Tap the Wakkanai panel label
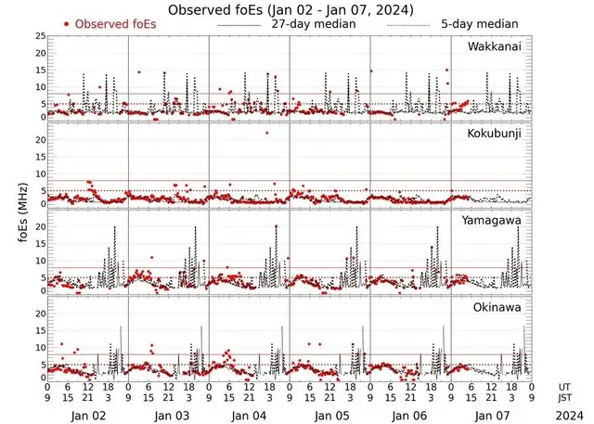coord(494,45)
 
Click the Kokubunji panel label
coord(494,134)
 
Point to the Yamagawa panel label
coord(493,221)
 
